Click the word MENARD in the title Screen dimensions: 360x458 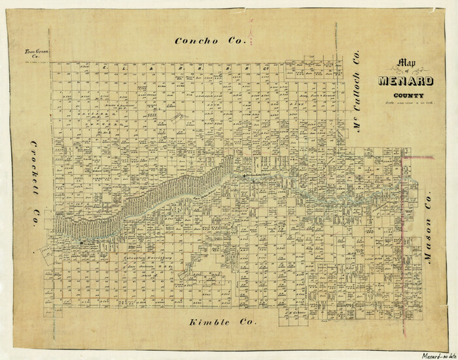(404, 82)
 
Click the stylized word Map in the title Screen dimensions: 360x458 (395, 64)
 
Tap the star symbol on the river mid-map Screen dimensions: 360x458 (244, 175)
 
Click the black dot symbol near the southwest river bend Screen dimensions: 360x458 (81, 243)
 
